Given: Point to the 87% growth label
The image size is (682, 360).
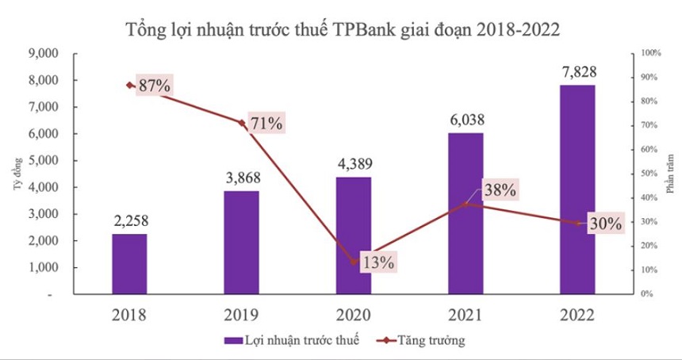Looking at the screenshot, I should (154, 86).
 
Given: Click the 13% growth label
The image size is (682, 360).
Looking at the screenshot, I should (377, 262).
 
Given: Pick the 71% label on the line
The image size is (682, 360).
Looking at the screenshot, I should (266, 123).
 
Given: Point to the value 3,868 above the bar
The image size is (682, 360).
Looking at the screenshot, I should (241, 178).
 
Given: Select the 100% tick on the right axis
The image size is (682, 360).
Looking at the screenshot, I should (650, 53).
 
